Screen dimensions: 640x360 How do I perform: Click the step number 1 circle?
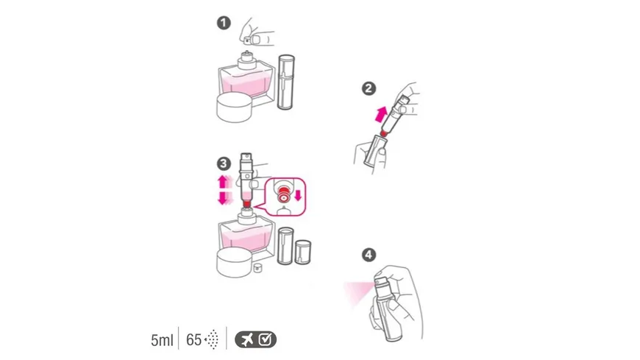click(x=224, y=23)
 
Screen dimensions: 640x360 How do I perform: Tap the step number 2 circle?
click(x=369, y=88)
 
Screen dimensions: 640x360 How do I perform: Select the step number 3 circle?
click(x=224, y=164)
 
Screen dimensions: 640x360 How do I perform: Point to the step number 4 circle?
click(x=369, y=255)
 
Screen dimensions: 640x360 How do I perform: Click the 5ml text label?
click(x=162, y=340)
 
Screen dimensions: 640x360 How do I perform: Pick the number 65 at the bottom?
click(x=194, y=339)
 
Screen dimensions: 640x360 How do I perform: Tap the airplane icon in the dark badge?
click(x=247, y=339)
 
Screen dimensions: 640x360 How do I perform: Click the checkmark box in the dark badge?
click(x=266, y=339)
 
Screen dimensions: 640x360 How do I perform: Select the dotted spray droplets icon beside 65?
click(x=212, y=339)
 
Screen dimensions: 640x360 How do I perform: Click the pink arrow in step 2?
click(x=381, y=114)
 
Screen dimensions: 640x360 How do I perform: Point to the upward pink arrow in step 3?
click(x=223, y=182)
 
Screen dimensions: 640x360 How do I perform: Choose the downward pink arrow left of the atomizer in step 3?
click(x=224, y=198)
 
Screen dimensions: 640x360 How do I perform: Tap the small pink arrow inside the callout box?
click(x=298, y=195)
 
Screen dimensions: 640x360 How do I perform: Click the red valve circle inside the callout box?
click(x=283, y=196)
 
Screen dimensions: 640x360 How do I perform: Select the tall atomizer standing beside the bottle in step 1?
click(x=285, y=82)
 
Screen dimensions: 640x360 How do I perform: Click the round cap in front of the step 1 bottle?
click(x=234, y=107)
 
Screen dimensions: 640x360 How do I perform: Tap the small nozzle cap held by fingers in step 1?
click(x=247, y=40)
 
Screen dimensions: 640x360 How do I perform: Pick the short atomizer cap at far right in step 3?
click(x=302, y=252)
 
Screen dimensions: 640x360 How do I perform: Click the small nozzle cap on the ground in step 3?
click(x=257, y=268)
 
